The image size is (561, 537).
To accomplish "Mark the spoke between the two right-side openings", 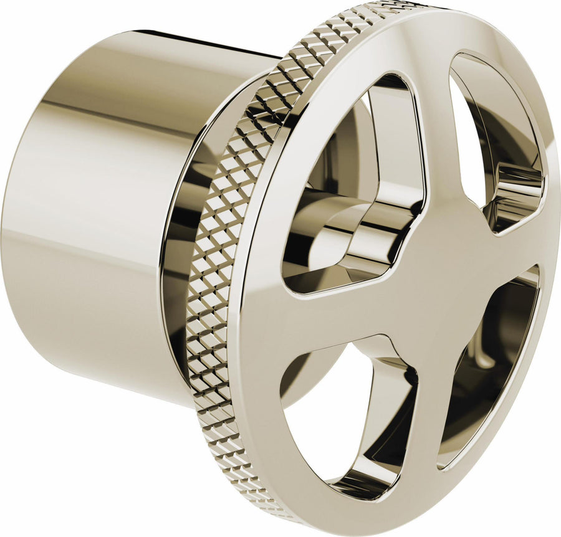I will click(x=517, y=249).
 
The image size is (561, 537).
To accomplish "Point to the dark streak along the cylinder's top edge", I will click(x=187, y=39).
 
